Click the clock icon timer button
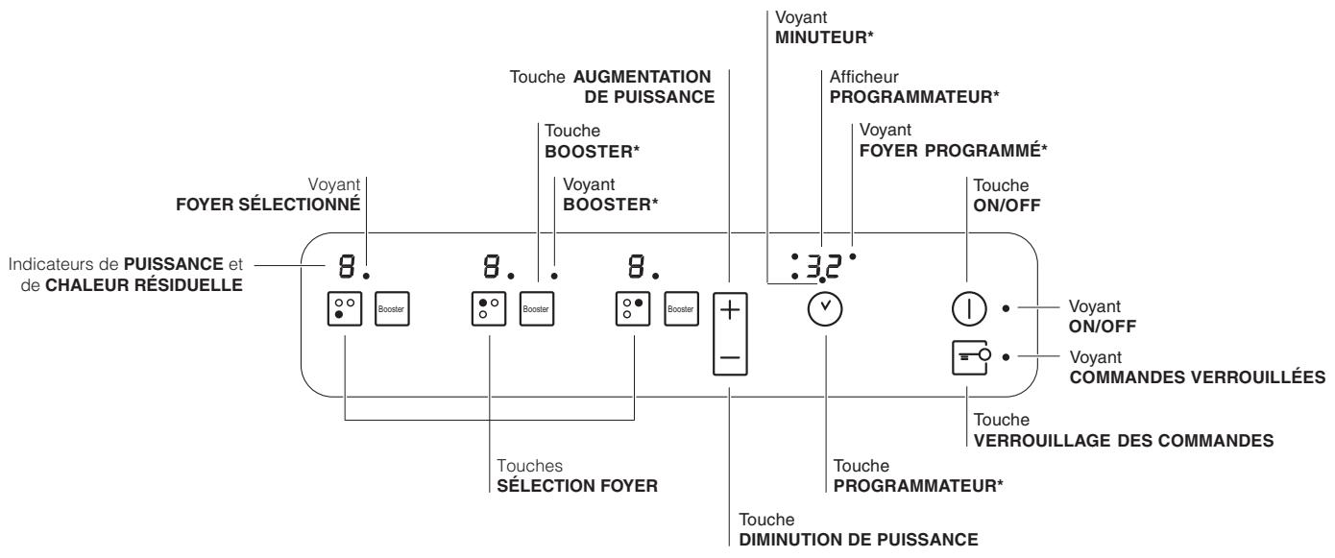point(822,309)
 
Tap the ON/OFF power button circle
point(968,309)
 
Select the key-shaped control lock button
point(968,356)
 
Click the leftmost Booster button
point(391,309)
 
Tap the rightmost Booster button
point(681,309)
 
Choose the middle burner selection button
point(489,309)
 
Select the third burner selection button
point(634,309)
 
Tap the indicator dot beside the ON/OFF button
point(1006,308)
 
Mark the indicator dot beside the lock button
point(1006,356)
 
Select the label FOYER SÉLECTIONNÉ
point(287,205)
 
